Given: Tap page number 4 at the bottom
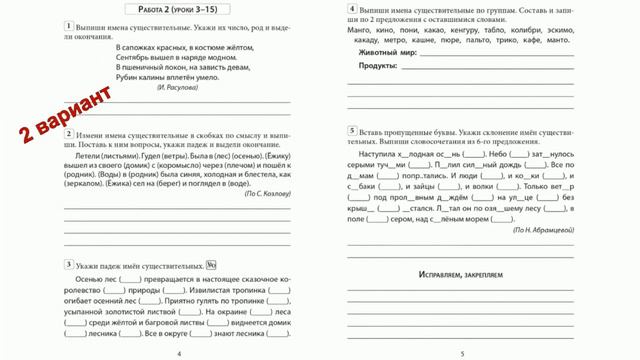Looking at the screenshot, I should (179, 353).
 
